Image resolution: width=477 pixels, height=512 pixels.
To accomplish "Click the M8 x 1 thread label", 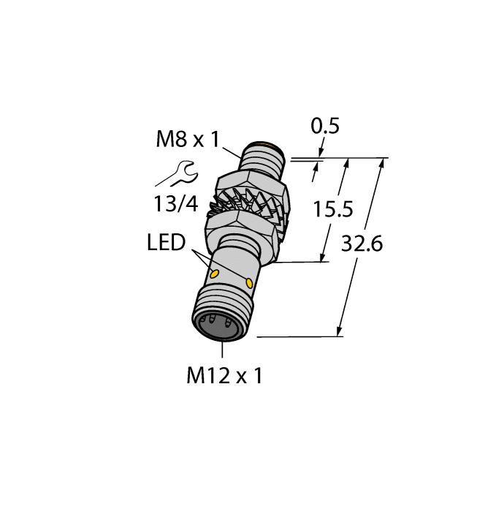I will click(188, 138).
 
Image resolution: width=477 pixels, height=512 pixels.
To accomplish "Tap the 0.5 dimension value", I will click(325, 127).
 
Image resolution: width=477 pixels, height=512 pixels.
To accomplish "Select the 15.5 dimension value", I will click(332, 210).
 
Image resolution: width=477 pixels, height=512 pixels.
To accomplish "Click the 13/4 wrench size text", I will click(175, 204).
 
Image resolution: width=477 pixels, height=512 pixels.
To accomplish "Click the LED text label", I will click(167, 243).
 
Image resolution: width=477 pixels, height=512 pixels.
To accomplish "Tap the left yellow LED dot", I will click(215, 274).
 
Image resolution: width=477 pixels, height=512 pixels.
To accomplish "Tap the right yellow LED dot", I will click(251, 282).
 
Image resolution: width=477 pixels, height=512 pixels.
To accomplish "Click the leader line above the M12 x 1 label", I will click(221, 351).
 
